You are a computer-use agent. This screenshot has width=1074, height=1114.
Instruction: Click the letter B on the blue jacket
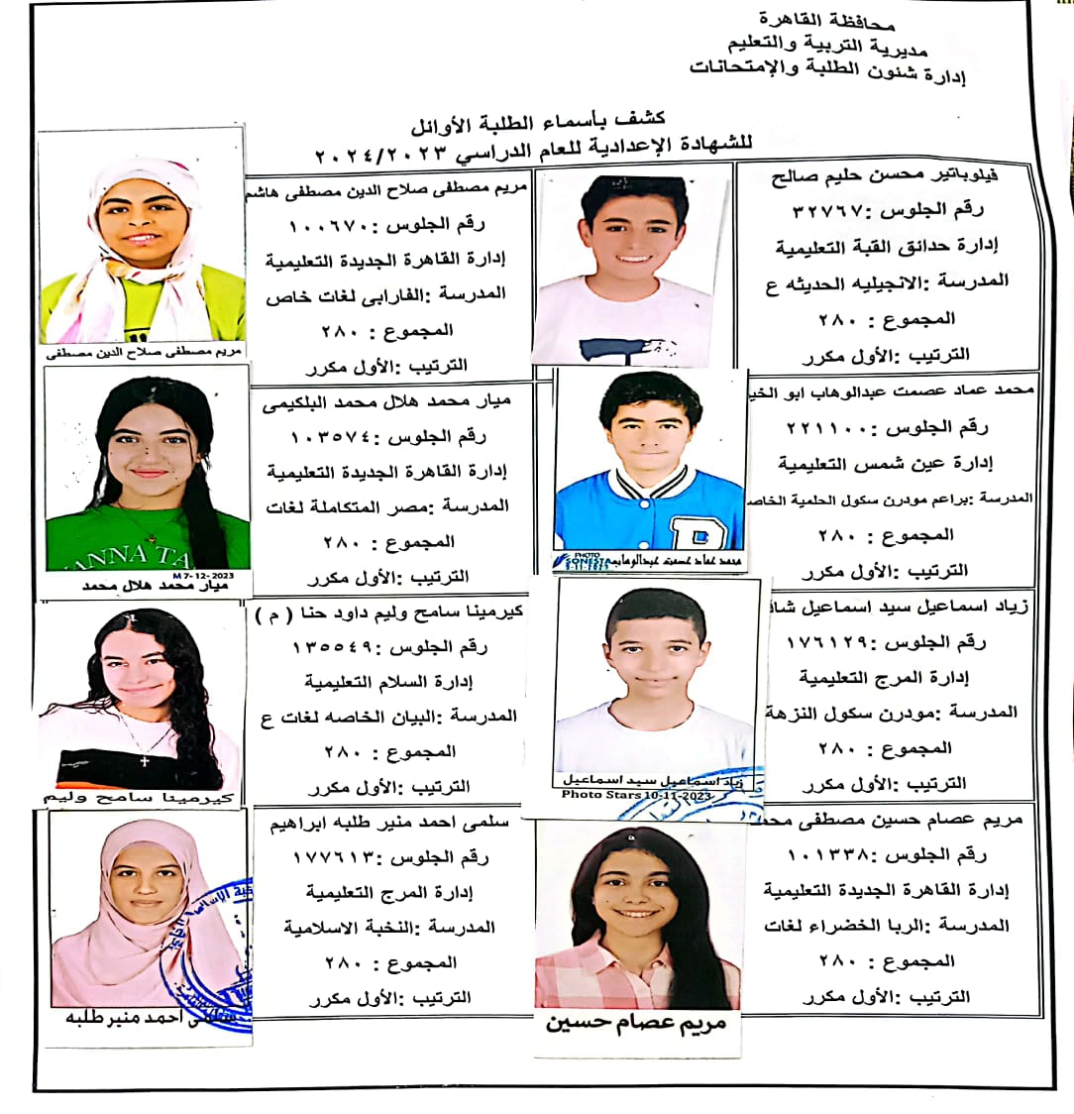pyautogui.click(x=685, y=533)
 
